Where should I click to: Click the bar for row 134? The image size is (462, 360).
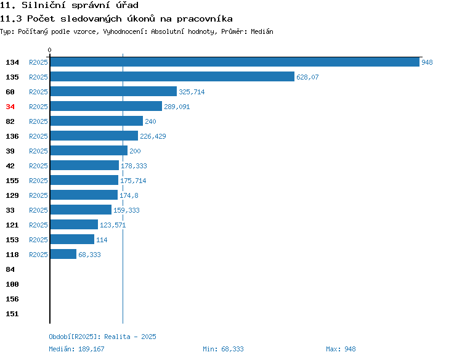(235, 62)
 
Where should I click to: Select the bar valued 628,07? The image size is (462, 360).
(172, 76)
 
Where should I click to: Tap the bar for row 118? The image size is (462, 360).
(63, 254)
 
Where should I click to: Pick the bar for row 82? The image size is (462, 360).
(97, 121)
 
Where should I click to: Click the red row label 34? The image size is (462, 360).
(10, 107)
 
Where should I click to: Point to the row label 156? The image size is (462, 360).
(12, 299)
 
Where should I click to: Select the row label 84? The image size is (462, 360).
(10, 269)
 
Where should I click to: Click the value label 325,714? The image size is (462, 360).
(192, 92)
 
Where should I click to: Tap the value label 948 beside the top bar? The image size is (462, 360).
(427, 62)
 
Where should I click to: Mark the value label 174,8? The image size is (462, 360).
(129, 195)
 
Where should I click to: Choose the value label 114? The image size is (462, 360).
(102, 240)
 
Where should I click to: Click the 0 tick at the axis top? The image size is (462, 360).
(49, 50)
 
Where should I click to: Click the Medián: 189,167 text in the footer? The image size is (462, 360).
(76, 349)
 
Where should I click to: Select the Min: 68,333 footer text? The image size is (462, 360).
(223, 349)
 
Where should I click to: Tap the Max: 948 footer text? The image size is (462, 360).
(341, 349)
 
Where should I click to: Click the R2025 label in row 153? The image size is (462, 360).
(38, 240)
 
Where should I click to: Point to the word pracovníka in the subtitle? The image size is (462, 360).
(205, 19)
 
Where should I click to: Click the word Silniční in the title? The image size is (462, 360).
(43, 5)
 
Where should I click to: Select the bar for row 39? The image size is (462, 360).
(89, 150)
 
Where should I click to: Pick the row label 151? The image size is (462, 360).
(12, 314)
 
